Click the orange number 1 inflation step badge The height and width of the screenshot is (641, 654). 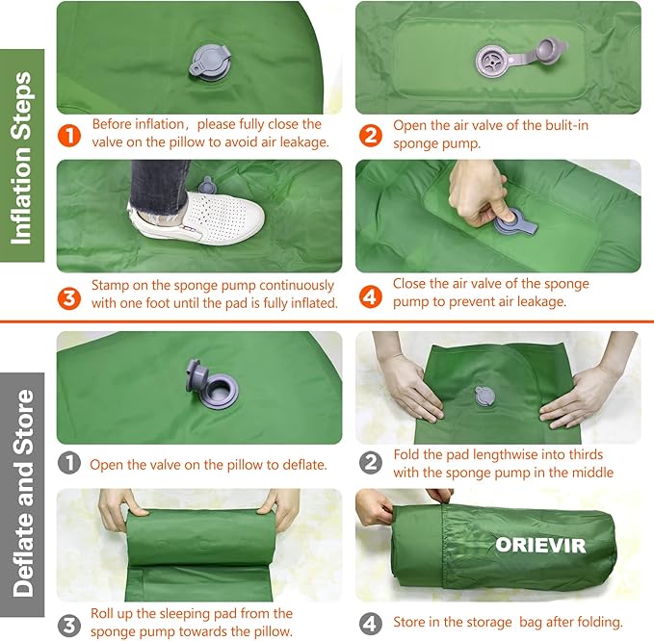click(x=69, y=134)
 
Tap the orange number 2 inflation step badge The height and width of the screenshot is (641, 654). click(x=370, y=134)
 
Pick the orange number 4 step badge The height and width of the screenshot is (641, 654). click(x=370, y=294)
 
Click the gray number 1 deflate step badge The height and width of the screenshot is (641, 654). click(x=69, y=464)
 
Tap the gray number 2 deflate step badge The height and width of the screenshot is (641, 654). click(x=370, y=463)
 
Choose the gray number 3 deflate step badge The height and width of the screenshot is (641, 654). click(x=69, y=622)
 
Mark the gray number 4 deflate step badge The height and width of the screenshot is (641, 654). click(x=370, y=622)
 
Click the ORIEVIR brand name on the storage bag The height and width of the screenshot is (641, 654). click(x=539, y=545)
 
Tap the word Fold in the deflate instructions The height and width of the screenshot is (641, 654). click(x=408, y=454)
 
